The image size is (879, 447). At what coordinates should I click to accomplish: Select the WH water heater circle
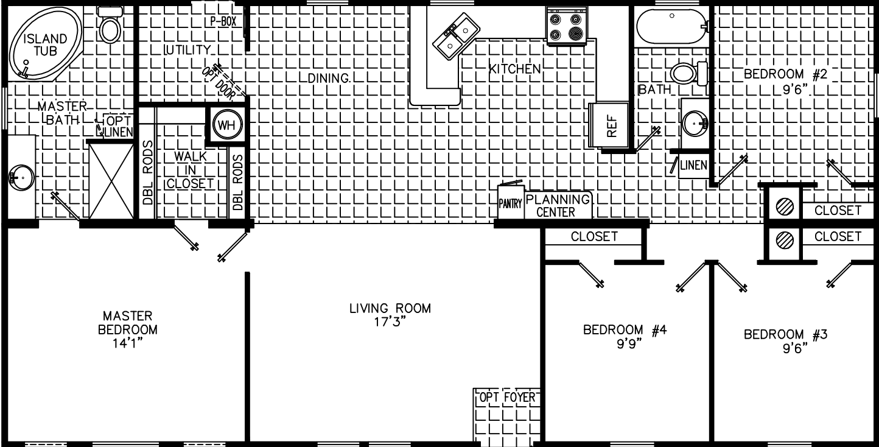tap(226, 125)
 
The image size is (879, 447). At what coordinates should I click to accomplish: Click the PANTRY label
tap(510, 204)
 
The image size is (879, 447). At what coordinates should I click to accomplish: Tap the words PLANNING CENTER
tap(557, 206)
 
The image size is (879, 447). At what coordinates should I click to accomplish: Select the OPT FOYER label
tap(507, 398)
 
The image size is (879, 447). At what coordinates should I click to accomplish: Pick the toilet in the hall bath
tap(688, 74)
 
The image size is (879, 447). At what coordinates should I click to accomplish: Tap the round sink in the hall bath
tap(695, 124)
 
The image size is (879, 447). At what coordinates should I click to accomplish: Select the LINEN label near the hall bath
tap(694, 164)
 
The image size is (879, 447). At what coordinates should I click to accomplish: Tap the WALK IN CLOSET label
tap(191, 170)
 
